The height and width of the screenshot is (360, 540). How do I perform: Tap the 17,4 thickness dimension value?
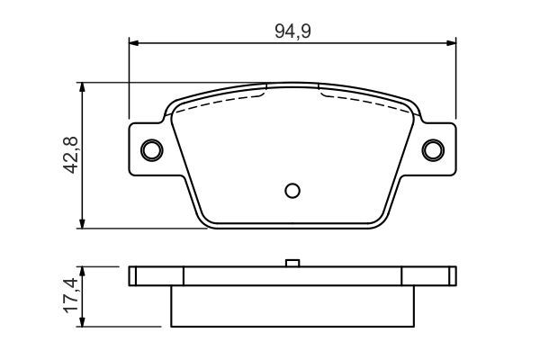click(70, 295)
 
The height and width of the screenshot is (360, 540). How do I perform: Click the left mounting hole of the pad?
click(152, 149)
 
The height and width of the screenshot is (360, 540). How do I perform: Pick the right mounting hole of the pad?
click(433, 149)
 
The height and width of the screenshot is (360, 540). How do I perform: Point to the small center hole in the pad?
click(292, 190)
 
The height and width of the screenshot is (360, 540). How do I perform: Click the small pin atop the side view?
click(292, 264)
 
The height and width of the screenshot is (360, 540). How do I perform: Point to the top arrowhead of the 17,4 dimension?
click(83, 271)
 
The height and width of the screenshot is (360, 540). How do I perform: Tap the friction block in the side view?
click(292, 306)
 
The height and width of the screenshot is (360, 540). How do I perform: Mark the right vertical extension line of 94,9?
click(455, 81)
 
